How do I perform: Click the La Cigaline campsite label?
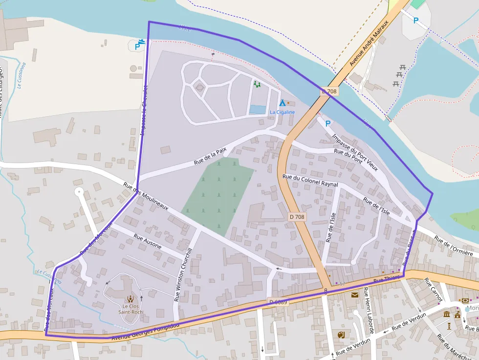click(x=282, y=112)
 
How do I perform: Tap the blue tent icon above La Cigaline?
click(x=282, y=103)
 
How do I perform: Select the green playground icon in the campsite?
click(x=257, y=84)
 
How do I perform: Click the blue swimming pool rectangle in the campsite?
click(x=258, y=110)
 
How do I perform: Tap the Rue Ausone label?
click(x=147, y=242)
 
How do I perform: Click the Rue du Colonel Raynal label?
click(x=310, y=180)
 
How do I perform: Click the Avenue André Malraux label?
click(x=369, y=43)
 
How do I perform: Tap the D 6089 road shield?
click(x=278, y=302)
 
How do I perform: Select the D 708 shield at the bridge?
click(x=329, y=91)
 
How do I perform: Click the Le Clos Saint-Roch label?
click(x=130, y=309)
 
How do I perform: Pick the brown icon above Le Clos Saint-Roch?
click(x=130, y=298)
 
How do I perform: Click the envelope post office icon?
click(x=354, y=295)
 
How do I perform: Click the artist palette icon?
click(x=341, y=335)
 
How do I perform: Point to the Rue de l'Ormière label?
click(x=454, y=247)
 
